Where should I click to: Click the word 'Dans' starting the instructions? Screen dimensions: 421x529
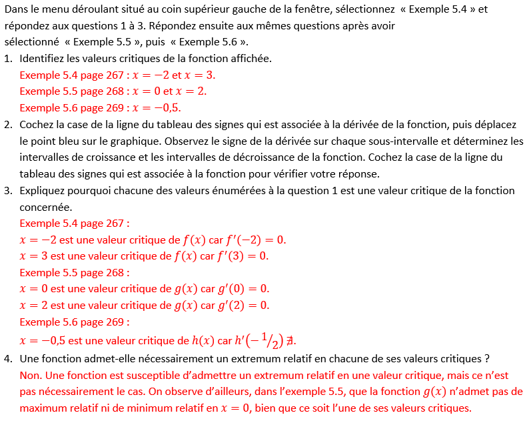coord(16,10)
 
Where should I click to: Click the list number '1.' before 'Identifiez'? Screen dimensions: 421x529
coord(8,58)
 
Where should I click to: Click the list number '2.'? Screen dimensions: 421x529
coord(8,125)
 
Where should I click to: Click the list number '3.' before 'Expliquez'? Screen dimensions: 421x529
coord(8,191)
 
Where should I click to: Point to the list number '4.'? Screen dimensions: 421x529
coord(8,359)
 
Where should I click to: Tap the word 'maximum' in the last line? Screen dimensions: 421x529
coord(45,408)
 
